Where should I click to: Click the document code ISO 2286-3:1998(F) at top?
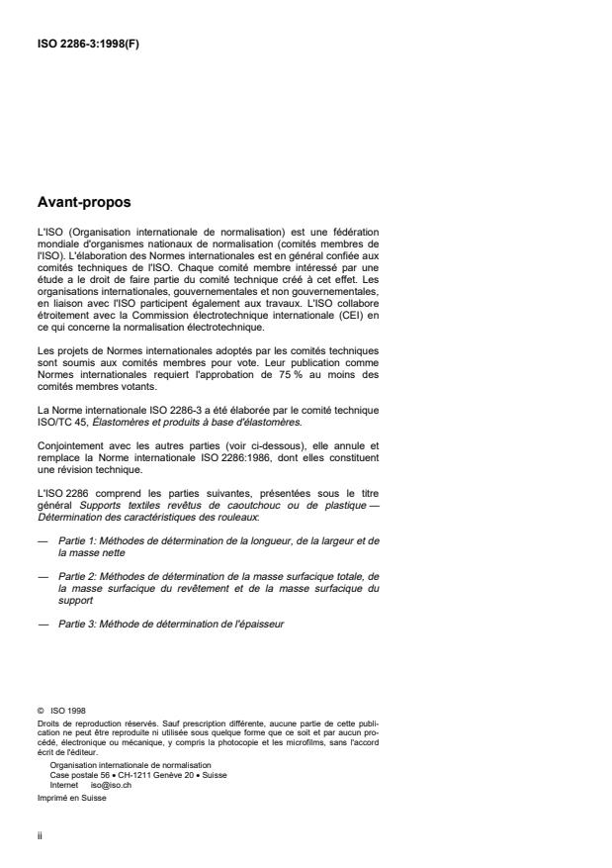(86, 44)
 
